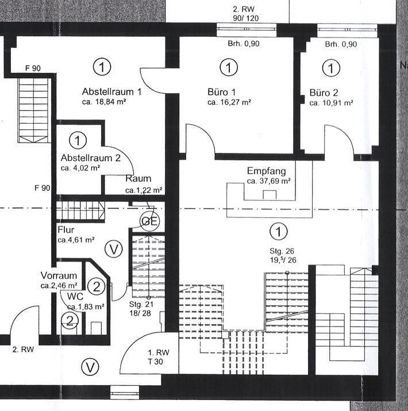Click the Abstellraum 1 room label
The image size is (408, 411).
(111, 92)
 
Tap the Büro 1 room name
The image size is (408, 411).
(221, 92)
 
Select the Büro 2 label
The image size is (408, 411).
(324, 93)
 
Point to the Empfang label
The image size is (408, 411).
(266, 171)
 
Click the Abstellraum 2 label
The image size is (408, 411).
(91, 158)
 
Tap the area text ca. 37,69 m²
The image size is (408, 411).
(268, 181)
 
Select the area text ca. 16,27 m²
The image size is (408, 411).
(229, 102)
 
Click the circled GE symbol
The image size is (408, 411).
(149, 221)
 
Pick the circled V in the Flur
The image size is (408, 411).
(113, 249)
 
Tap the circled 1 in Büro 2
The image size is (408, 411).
(331, 68)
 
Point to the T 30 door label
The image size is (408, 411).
(155, 362)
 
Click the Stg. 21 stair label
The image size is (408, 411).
(141, 304)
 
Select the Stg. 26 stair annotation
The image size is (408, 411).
(282, 251)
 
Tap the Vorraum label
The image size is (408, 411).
(59, 275)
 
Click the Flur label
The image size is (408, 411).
(66, 230)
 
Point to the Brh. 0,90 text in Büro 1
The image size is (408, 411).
(244, 44)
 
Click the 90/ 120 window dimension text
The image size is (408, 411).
(245, 18)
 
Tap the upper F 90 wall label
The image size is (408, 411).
(33, 68)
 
